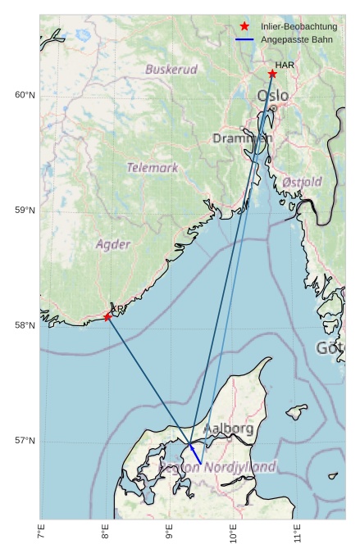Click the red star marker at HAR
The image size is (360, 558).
pos(272,74)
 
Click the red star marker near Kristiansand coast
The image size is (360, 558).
pos(107,317)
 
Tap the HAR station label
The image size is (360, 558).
pos(285,65)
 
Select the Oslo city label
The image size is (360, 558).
pos(272,96)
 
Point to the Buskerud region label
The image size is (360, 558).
pos(171,70)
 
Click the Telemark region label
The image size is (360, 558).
pos(153,168)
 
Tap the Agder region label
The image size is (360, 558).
pos(112,244)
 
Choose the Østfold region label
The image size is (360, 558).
pos(302,182)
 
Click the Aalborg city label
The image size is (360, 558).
pos(228,429)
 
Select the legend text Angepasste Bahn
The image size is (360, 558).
pos(294,39)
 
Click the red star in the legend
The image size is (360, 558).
pos(244,27)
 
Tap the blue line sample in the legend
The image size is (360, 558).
pos(244,39)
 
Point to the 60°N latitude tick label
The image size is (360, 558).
pos(25,96)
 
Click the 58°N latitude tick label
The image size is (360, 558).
pos(25,326)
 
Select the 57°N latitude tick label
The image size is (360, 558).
pos(25,441)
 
